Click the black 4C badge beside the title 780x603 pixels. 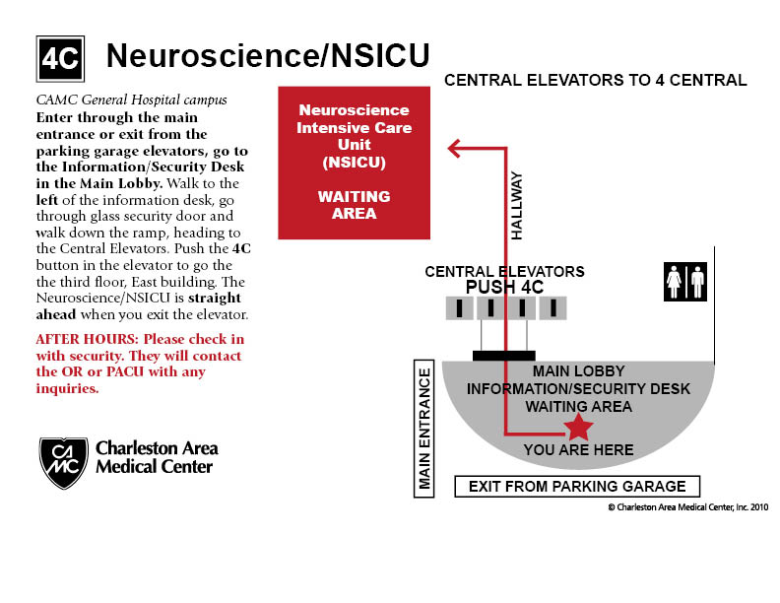pos(59,59)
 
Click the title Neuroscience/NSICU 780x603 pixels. pos(268,56)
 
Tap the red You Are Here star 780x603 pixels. pos(578,427)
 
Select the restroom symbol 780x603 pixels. pos(686,280)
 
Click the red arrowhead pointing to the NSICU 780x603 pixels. pos(455,149)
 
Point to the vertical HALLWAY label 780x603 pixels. pos(517,206)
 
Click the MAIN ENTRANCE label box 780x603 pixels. pos(424,429)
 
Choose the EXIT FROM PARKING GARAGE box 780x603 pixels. pos(577,486)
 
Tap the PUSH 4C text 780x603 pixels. pos(504,287)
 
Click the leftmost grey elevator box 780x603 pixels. pos(460,308)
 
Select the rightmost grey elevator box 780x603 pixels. pos(553,308)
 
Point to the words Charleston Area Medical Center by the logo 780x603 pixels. pos(157,457)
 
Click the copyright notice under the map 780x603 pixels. pos(687,506)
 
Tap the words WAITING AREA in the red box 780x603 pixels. pos(354,205)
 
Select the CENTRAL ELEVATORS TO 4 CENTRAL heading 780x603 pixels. pos(596,80)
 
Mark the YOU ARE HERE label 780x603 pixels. pos(578,450)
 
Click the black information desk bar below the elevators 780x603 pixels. pos(504,355)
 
